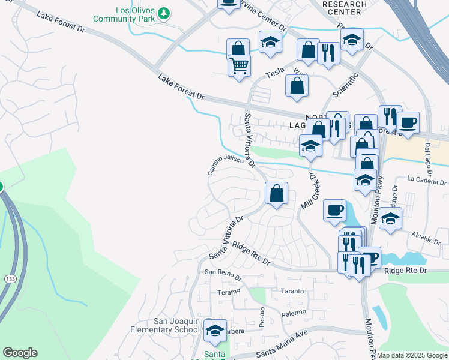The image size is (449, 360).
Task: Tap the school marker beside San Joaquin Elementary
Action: click(215, 330)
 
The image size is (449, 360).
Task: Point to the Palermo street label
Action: click(294, 313)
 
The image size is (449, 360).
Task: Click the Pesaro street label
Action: click(262, 317)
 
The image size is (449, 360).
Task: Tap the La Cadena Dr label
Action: click(427, 181)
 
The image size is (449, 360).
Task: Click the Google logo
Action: click(20, 353)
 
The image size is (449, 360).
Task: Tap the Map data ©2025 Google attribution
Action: click(412, 355)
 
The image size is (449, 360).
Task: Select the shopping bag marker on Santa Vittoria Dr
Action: click(276, 194)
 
